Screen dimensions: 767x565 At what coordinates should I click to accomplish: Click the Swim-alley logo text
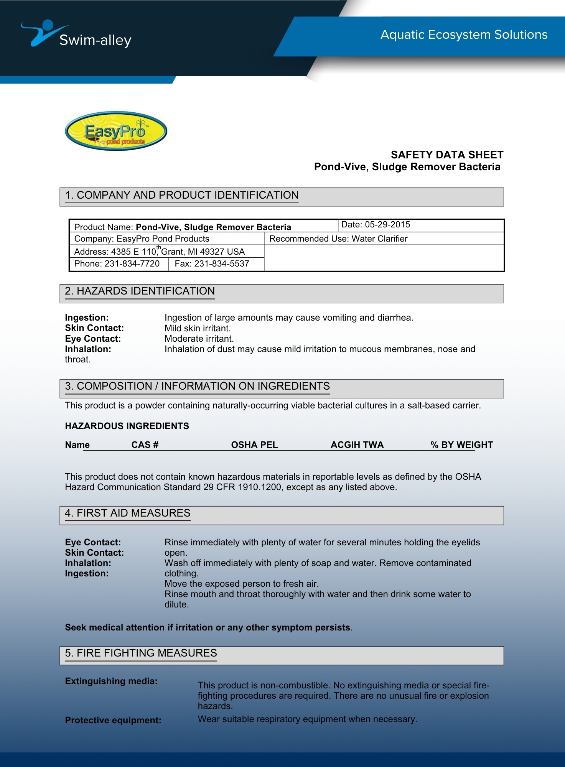(x=95, y=40)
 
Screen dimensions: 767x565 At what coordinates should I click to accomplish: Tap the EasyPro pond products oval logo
(x=116, y=131)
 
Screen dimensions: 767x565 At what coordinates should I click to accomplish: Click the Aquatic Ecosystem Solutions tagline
(x=464, y=35)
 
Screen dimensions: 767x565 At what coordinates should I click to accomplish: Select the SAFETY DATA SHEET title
(x=447, y=155)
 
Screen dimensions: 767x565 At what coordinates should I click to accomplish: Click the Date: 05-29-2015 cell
(x=376, y=225)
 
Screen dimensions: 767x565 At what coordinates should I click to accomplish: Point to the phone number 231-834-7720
(x=132, y=264)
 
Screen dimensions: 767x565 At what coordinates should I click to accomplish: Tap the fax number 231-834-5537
(x=221, y=264)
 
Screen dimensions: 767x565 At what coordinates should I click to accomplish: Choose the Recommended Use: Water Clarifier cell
(x=338, y=239)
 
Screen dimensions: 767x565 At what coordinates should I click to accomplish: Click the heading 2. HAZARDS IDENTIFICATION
(x=140, y=291)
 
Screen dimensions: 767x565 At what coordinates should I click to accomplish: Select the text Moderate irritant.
(x=199, y=339)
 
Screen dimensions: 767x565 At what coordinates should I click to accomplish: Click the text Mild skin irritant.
(x=198, y=328)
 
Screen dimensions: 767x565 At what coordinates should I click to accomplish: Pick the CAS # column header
(x=145, y=445)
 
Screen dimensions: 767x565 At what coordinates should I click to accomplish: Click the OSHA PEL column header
(x=254, y=445)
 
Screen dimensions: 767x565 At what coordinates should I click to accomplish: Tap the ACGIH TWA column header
(x=357, y=445)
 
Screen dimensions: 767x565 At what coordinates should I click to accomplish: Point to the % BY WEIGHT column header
(x=461, y=445)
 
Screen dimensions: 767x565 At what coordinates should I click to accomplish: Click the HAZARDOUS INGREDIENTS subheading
(x=127, y=426)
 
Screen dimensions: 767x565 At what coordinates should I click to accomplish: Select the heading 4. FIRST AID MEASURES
(x=127, y=513)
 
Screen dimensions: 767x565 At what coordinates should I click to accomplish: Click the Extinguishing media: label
(x=111, y=681)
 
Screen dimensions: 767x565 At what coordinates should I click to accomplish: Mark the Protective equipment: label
(x=113, y=720)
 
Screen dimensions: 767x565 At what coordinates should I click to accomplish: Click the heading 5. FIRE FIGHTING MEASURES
(x=141, y=653)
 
